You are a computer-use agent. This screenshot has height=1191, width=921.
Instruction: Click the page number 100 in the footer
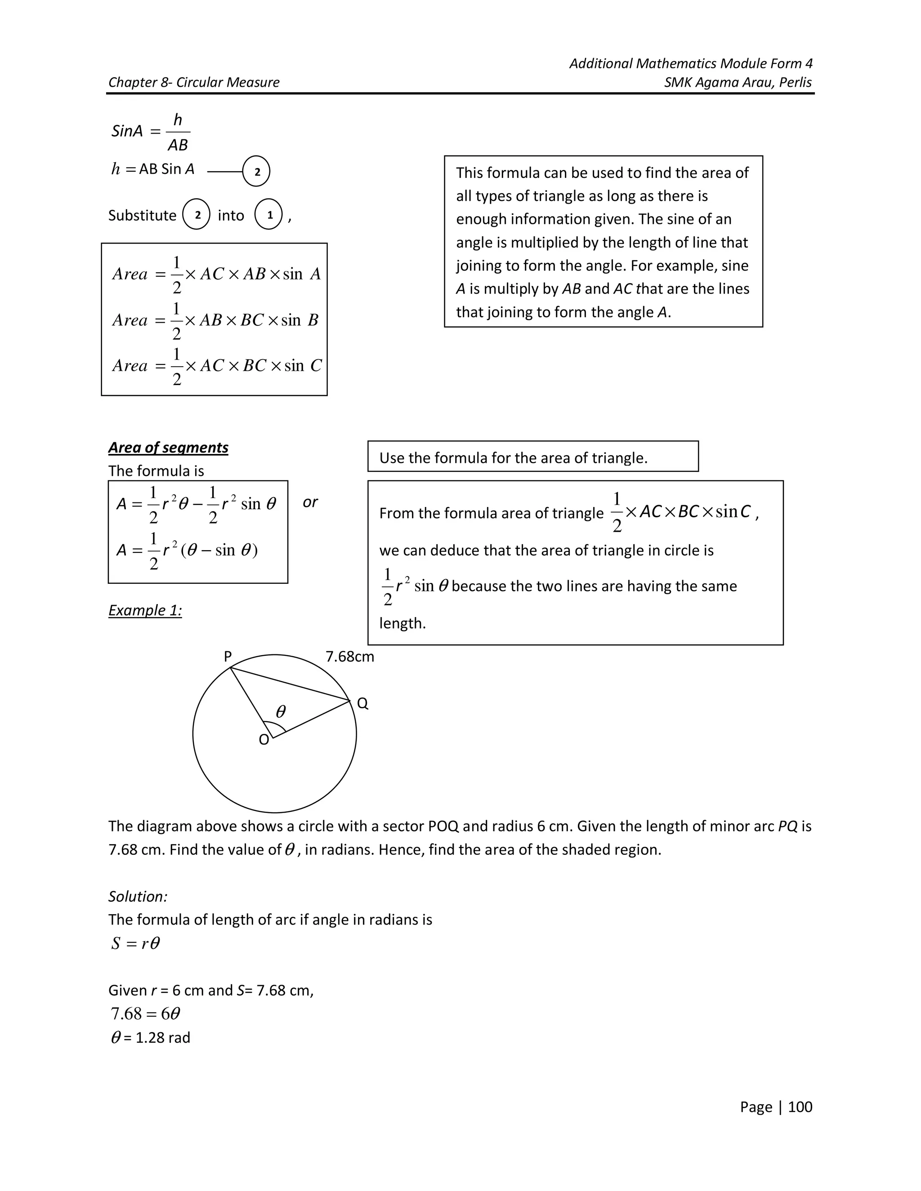[800, 1107]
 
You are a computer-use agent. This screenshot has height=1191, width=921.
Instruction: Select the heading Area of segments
[168, 447]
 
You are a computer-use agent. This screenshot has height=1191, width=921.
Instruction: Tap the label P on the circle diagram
[228, 657]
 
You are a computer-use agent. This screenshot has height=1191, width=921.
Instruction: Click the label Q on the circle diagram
[362, 703]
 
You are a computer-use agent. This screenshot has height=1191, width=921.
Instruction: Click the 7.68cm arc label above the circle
[350, 657]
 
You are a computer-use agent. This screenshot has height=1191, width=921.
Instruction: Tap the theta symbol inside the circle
[281, 711]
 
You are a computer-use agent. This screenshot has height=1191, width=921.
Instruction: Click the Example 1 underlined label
[145, 610]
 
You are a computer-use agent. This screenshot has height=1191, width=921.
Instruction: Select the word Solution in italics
[138, 896]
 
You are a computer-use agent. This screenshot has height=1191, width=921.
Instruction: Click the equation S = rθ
[135, 943]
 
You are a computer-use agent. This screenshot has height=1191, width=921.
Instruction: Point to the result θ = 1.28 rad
[151, 1037]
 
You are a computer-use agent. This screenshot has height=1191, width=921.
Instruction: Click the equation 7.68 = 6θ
[145, 1013]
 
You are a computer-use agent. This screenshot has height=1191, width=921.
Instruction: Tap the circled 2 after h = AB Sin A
[256, 172]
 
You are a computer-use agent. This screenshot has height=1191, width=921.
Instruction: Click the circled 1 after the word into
[268, 215]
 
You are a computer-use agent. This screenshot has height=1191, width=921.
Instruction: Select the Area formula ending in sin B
[215, 320]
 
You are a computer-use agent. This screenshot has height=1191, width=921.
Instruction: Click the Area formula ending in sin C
[217, 366]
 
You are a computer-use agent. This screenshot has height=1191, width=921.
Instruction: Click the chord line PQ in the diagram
[289, 684]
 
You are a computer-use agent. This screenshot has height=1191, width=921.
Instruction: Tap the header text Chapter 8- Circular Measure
[194, 82]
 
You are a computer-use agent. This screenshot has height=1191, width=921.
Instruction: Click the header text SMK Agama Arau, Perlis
[738, 82]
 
